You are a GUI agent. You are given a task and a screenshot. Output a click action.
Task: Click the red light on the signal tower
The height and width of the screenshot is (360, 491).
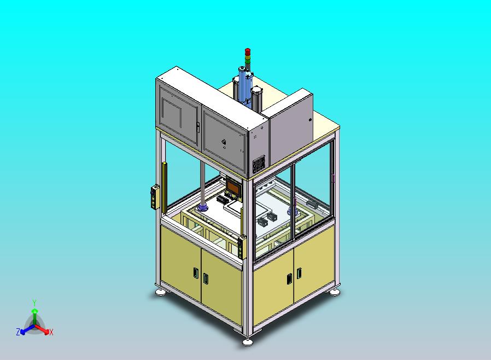pyautogui.click(x=247, y=51)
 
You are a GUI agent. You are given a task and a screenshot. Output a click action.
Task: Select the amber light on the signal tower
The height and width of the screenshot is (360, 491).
pyautogui.click(x=247, y=56)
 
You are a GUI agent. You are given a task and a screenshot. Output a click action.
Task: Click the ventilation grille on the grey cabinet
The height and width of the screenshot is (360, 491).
pyautogui.click(x=259, y=164)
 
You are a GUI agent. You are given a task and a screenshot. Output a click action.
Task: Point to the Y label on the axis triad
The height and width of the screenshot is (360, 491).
pyautogui.click(x=34, y=303)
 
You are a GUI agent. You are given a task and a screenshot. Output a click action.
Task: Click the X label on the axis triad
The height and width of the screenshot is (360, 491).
pyautogui.click(x=51, y=333)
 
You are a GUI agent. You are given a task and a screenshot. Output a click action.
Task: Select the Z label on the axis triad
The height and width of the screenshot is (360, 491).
pyautogui.click(x=18, y=332)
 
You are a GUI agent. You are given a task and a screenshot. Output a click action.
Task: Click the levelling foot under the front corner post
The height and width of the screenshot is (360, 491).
pyautogui.click(x=248, y=342)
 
